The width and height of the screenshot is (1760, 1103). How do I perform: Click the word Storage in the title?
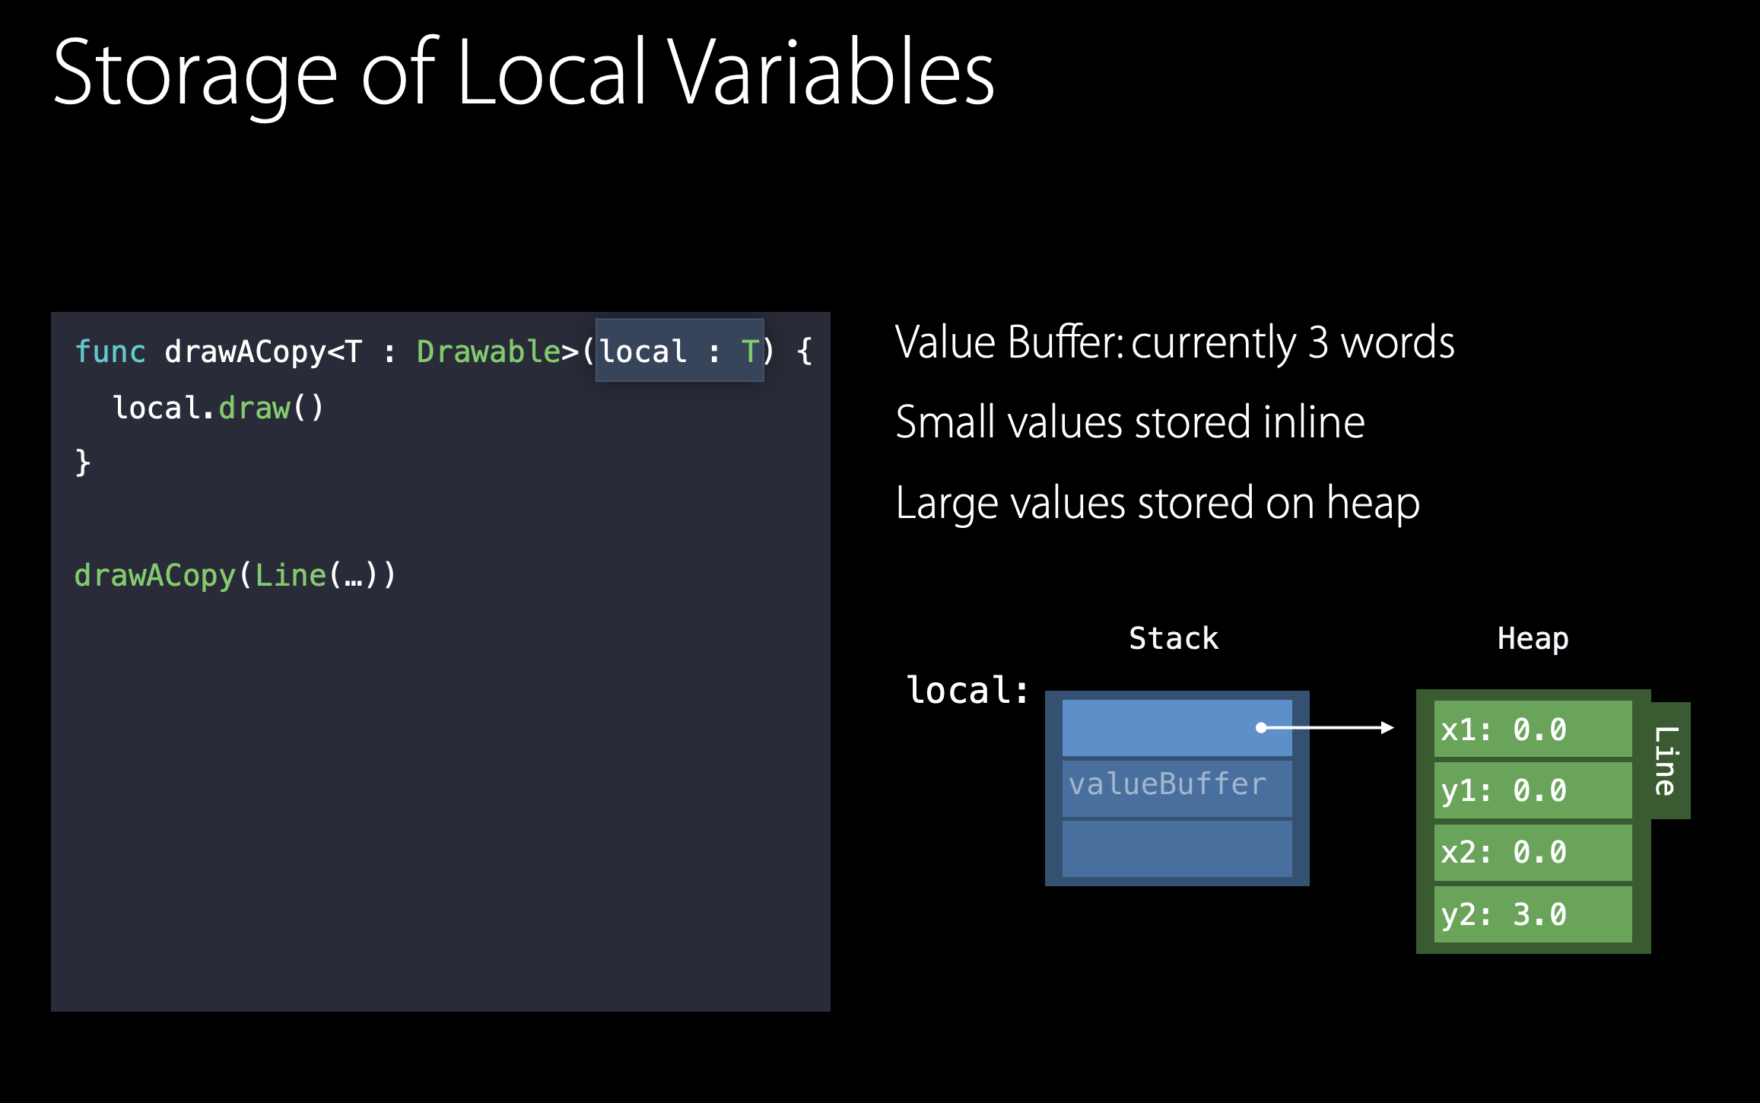coord(195,75)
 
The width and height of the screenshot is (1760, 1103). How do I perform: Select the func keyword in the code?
coord(110,352)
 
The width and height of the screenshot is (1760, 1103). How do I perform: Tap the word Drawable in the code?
coord(488,352)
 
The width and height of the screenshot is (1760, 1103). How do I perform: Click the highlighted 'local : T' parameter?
coord(679,351)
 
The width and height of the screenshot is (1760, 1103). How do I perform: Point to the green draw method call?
coord(254,408)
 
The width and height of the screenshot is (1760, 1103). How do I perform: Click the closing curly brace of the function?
coord(83,462)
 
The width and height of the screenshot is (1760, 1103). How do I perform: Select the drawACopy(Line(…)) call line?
coord(235,576)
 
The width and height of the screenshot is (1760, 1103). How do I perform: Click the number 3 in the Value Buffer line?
coord(1318,344)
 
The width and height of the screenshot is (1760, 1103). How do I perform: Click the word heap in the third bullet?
coord(1373,504)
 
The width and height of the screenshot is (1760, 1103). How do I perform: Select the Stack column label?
coord(1174,638)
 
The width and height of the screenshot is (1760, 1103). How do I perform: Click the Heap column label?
coord(1533,639)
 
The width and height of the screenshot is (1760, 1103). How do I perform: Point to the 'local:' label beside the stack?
coord(967,691)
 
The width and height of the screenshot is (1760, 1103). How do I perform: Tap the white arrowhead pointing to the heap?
coord(1387,728)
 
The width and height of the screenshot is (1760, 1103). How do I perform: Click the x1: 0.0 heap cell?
coord(1532,730)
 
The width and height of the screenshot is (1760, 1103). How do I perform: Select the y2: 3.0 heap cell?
coord(1532,914)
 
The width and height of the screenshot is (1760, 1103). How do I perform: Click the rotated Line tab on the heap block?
coord(1666,761)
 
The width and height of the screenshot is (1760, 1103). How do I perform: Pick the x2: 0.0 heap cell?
coord(1532,853)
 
